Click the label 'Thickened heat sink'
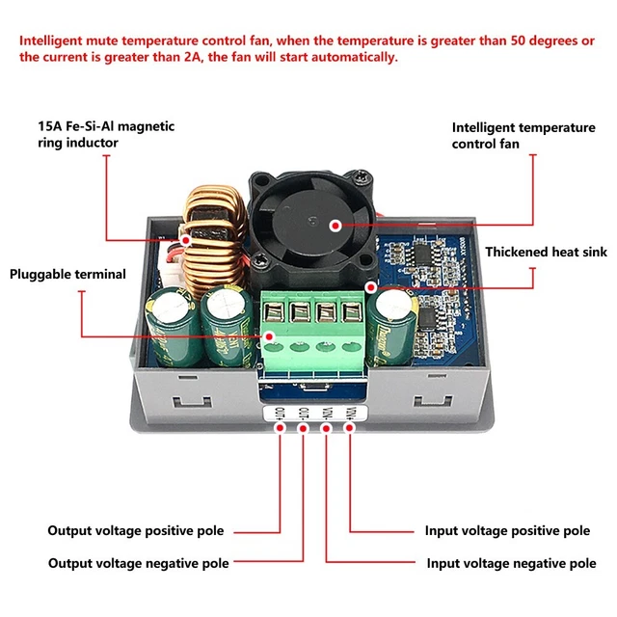click(546, 252)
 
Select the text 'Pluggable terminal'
click(67, 274)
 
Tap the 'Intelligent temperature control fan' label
click(523, 135)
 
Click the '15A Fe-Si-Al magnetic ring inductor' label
click(106, 134)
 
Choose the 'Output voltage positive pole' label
click(138, 530)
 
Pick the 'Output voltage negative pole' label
click(139, 563)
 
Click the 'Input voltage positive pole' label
click(507, 530)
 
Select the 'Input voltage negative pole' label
click(510, 563)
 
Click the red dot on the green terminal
click(271, 336)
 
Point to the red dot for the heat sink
click(370, 286)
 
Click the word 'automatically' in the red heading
click(314, 58)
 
